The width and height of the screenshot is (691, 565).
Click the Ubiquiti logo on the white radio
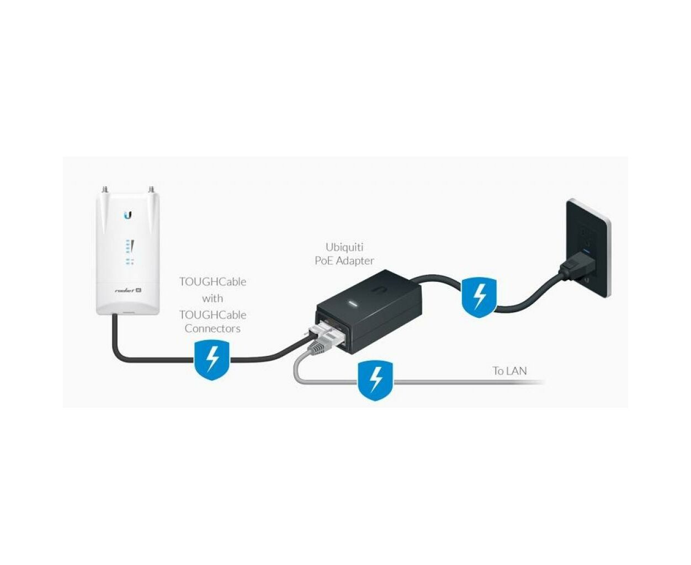[129, 216]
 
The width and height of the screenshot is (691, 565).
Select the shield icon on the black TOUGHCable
[212, 360]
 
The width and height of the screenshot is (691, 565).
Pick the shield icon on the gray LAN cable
[375, 380]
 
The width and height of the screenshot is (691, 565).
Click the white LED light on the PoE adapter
[353, 303]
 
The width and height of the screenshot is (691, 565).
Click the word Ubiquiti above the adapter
[344, 247]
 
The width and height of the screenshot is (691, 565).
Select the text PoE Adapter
[344, 261]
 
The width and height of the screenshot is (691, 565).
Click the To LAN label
[510, 371]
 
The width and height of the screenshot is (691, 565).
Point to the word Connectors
[212, 328]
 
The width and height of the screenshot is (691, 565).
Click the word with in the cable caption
[212, 298]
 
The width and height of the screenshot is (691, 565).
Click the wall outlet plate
[589, 248]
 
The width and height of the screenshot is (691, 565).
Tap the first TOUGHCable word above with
[212, 282]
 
